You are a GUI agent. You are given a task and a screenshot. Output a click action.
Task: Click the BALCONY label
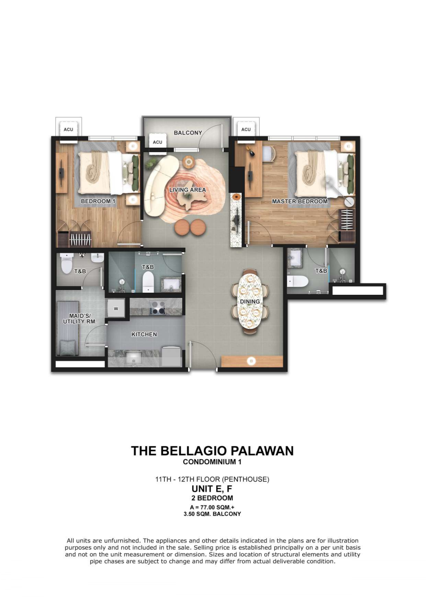click(x=188, y=133)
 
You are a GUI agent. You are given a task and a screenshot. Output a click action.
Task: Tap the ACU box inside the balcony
click(x=158, y=142)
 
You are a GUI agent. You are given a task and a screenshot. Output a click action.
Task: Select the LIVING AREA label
click(x=188, y=190)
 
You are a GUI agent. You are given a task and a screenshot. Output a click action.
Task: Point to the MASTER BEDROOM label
click(x=300, y=201)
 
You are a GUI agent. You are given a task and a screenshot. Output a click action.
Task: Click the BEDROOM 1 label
click(x=98, y=201)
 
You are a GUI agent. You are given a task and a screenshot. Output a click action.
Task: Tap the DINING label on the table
click(x=250, y=302)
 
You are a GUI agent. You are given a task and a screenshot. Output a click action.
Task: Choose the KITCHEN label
click(x=144, y=334)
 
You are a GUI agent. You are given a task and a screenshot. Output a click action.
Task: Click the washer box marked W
click(x=116, y=309)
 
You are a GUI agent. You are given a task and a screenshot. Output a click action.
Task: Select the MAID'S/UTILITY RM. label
click(x=80, y=319)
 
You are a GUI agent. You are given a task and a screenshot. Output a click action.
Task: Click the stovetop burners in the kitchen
click(x=158, y=308)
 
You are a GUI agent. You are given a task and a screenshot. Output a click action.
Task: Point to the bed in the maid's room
click(x=68, y=328)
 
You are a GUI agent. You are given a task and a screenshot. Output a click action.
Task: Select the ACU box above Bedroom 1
click(x=69, y=130)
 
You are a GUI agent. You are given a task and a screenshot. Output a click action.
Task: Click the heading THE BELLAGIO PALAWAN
click(x=212, y=451)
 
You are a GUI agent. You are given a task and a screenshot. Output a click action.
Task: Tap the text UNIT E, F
click(x=212, y=488)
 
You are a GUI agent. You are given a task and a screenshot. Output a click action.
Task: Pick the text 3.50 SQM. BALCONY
click(x=212, y=514)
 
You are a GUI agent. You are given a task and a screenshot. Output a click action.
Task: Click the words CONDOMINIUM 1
click(x=212, y=462)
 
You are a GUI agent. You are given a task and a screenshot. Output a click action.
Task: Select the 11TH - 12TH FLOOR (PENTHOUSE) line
click(x=212, y=479)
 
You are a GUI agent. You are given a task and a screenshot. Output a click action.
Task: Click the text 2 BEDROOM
click(x=212, y=498)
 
